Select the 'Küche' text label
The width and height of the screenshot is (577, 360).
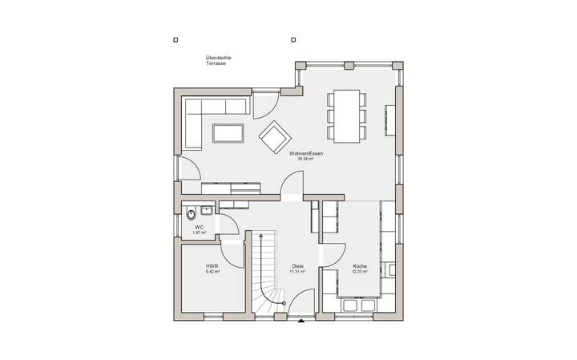pos(359,265)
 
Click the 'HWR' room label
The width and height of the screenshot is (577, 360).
pos(212,265)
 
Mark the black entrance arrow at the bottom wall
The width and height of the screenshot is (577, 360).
pos(301,322)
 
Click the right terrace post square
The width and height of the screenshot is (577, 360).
pos(293,38)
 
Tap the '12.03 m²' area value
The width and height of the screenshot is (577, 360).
pos(359,272)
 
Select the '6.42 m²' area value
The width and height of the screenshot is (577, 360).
pos(212,272)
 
